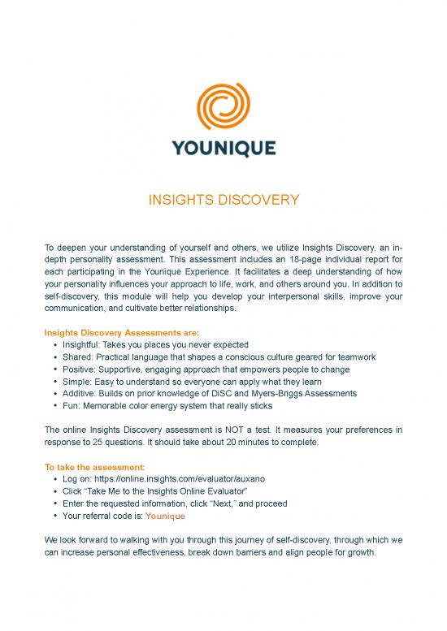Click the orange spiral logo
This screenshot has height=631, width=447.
point(223,103)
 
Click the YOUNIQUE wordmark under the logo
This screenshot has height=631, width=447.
point(223,149)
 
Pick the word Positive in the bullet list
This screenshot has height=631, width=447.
point(81,369)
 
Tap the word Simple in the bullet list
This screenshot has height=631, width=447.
point(79,381)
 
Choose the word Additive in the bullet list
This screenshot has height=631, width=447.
point(83,393)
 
